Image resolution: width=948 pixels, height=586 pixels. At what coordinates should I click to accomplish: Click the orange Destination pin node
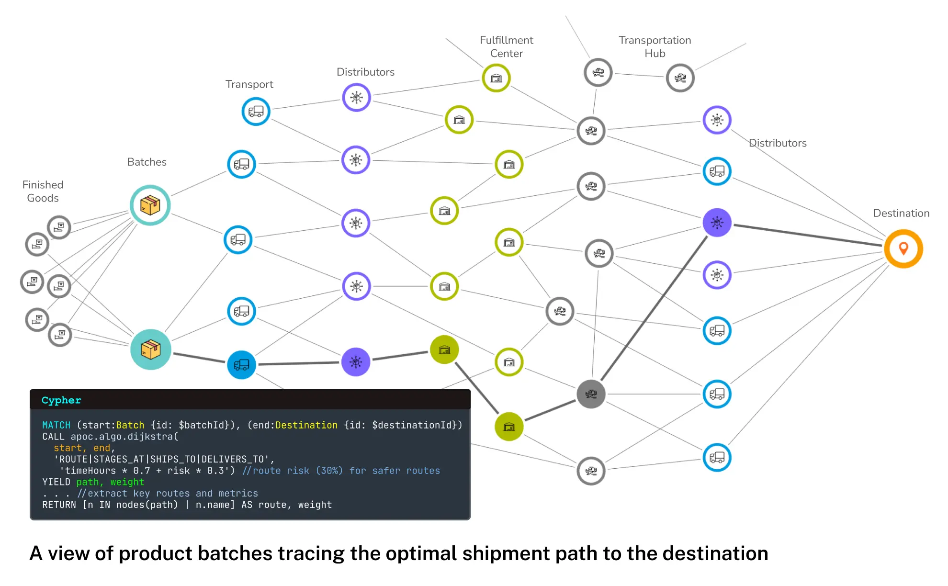pos(903,248)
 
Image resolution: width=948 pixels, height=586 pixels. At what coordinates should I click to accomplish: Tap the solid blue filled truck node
pos(241,365)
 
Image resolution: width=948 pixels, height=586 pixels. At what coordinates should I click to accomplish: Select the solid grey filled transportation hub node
pos(591,394)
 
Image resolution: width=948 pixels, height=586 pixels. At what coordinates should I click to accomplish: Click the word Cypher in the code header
pos(61,400)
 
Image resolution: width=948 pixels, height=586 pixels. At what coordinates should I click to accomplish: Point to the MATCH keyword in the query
pos(56,425)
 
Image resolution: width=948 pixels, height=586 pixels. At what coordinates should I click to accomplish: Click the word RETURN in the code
pos(59,505)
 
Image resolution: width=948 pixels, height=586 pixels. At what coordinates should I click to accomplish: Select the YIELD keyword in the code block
pos(56,482)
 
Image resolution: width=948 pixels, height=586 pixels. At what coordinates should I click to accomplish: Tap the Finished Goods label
pos(43,191)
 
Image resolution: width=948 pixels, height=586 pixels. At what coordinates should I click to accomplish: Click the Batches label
pos(147,162)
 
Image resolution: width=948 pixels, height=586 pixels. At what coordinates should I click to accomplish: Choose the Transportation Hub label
pos(655,46)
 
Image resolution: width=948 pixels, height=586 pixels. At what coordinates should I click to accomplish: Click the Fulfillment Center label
pos(506,46)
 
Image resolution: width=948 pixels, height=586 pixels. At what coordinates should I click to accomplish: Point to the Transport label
pos(249,84)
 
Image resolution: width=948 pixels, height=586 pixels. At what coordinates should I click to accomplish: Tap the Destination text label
pos(901,213)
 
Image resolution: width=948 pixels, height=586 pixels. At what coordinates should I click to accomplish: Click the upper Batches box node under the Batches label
pos(150,205)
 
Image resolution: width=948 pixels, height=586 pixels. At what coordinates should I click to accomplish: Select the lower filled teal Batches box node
pos(150,349)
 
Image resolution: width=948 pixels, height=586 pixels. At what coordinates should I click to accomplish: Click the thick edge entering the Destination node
pos(809,235)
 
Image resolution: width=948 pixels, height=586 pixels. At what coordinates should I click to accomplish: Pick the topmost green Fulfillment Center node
pos(496,78)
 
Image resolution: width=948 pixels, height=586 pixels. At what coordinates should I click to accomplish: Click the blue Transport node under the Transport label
pos(256,112)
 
